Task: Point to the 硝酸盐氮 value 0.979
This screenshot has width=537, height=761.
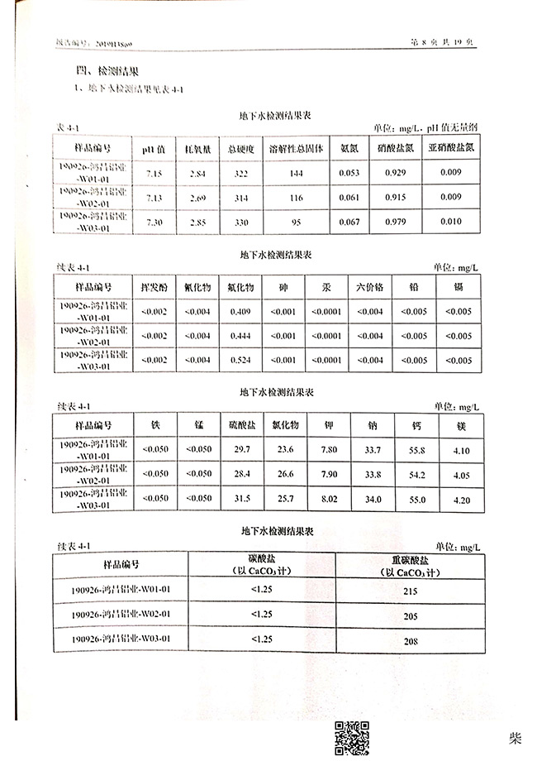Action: [392, 223]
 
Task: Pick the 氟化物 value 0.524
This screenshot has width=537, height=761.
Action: [241, 361]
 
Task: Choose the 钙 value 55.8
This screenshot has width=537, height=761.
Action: [417, 450]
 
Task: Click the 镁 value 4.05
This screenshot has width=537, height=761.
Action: [462, 475]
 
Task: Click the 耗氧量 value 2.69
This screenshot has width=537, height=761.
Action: [197, 198]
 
